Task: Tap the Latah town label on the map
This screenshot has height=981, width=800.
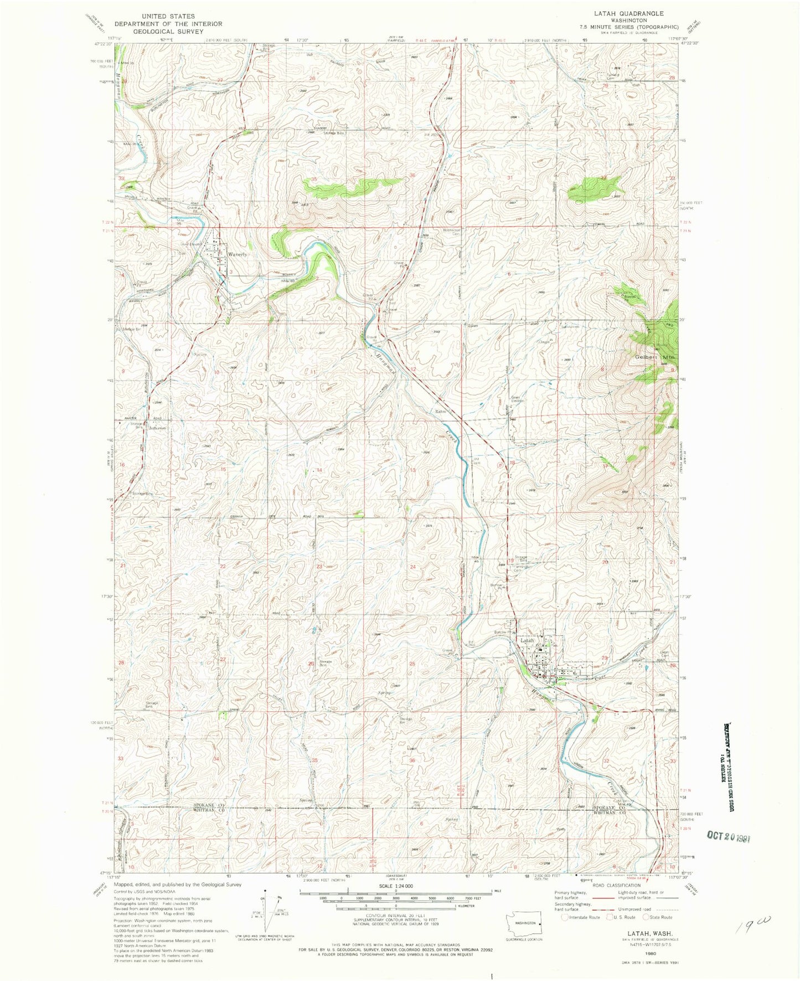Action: point(527,640)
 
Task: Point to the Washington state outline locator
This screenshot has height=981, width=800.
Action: point(524,923)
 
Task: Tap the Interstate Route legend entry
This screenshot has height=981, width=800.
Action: point(581,932)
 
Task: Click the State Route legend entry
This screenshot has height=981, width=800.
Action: point(657,932)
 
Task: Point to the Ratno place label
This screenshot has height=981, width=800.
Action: point(441,412)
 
